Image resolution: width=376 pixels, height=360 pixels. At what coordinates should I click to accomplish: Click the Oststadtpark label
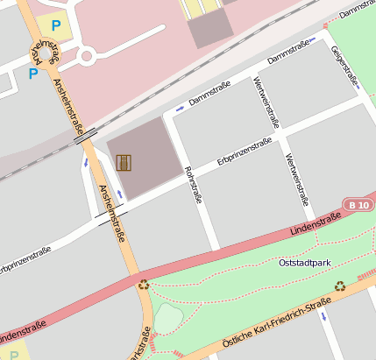[x=304, y=263]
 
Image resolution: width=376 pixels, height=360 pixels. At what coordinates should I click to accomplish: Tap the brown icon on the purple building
[x=124, y=163]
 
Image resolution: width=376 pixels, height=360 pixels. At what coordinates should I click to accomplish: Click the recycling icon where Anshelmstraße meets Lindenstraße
[x=143, y=284]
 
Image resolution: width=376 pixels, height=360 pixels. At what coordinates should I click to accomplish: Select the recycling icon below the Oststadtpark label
[x=340, y=285]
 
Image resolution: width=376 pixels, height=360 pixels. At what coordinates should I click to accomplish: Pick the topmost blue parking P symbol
[x=57, y=27]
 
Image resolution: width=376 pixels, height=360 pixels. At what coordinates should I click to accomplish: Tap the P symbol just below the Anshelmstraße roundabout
[x=33, y=74]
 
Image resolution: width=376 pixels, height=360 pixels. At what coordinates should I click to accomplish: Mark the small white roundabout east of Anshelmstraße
[x=86, y=58]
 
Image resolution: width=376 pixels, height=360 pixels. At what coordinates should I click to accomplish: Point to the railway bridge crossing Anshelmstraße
[x=84, y=137]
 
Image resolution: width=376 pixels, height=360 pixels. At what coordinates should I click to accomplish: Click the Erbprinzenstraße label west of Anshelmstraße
[x=25, y=258]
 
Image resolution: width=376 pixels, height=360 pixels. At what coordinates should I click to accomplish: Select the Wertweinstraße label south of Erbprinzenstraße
[x=295, y=174]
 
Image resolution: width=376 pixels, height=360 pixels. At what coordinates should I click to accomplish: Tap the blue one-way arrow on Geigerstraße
[x=357, y=86]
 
